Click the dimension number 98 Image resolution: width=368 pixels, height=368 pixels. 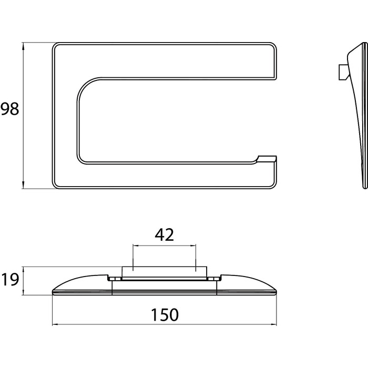[9, 109]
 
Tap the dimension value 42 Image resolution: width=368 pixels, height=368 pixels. [164, 234]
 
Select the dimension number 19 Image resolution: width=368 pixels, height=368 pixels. [9, 280]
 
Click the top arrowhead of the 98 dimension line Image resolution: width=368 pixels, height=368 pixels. [23, 46]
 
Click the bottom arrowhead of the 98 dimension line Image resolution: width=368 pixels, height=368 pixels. [23, 185]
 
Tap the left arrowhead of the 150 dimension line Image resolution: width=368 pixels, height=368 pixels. [56, 324]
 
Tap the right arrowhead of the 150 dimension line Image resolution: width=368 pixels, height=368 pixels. [273, 324]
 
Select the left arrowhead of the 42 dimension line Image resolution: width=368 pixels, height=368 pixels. [137, 246]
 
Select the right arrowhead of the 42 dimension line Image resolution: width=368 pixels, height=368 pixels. [192, 246]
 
